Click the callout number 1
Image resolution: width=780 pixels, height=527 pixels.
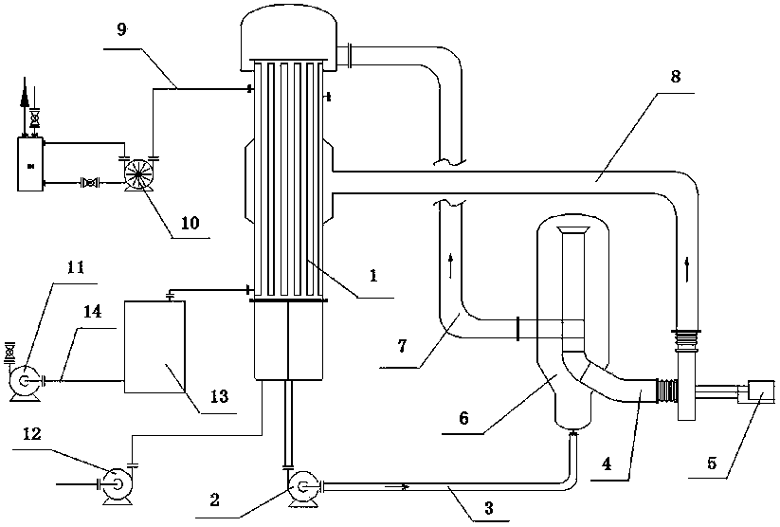373,275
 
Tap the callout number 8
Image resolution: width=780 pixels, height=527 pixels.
675,77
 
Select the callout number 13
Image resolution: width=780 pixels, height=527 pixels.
219,396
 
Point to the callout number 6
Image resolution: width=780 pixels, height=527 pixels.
463,417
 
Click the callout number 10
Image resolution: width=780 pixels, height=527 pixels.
190,223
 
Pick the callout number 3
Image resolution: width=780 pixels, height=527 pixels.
489,508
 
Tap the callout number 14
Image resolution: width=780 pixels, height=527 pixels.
93,312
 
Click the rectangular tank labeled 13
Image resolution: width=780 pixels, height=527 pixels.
154,346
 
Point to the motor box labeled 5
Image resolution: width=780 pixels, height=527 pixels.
760,391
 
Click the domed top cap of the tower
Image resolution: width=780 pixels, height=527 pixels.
288,37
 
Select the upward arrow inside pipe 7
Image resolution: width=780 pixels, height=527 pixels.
451,265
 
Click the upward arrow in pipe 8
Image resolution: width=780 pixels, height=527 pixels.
687,269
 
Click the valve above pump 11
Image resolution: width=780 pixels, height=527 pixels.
9,353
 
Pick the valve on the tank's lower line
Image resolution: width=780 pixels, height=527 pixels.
90,183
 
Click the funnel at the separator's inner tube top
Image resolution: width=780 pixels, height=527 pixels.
574,230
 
